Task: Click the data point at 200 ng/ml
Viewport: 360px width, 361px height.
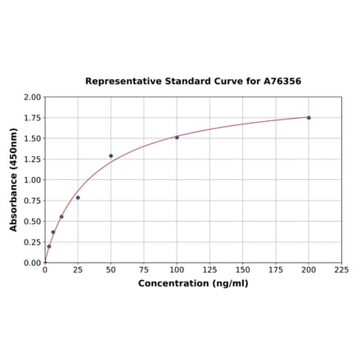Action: (308, 118)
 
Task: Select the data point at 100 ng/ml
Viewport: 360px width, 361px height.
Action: (177, 138)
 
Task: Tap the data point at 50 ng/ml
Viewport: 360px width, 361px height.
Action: (111, 156)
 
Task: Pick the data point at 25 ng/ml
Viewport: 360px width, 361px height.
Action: (78, 197)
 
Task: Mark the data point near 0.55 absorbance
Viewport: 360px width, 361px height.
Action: (61, 217)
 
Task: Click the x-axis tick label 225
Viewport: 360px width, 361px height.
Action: (341, 269)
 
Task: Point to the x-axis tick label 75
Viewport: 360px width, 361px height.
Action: (144, 269)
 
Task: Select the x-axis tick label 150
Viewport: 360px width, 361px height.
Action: (243, 269)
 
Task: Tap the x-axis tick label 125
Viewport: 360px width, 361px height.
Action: (209, 269)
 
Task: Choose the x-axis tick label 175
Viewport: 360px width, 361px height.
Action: (276, 269)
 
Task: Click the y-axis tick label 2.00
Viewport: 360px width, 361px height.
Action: (32, 97)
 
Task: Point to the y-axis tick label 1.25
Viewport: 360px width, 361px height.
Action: (32, 160)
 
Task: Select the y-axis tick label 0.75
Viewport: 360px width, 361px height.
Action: (32, 201)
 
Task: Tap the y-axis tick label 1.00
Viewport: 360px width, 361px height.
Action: (32, 180)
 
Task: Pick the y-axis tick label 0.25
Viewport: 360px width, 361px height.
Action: (32, 242)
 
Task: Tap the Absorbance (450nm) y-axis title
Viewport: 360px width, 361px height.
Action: (14, 179)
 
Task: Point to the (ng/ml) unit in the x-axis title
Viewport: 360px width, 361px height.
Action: (232, 283)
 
